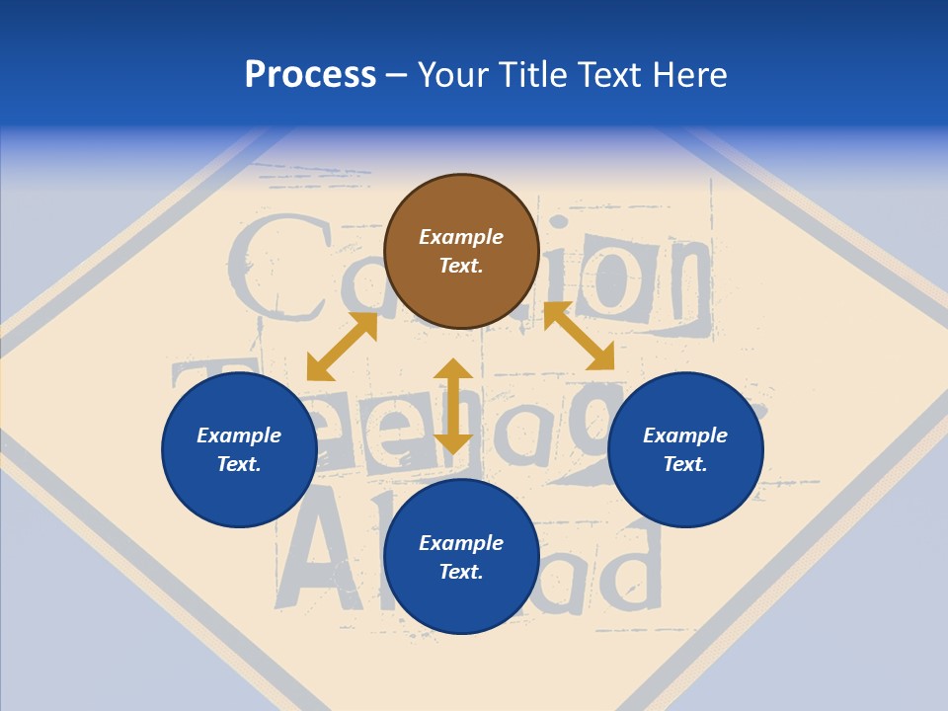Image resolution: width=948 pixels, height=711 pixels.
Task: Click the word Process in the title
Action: [310, 75]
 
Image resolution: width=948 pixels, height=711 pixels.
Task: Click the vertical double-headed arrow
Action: [453, 406]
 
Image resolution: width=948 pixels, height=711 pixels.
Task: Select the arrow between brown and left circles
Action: [342, 347]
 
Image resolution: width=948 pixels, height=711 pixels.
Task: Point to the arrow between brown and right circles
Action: [579, 337]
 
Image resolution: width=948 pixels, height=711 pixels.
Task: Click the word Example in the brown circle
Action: [461, 237]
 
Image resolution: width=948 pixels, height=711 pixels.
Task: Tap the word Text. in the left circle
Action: [239, 464]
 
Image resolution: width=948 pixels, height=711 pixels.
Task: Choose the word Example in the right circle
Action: [685, 435]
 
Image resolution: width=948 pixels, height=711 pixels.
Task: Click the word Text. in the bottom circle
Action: [461, 572]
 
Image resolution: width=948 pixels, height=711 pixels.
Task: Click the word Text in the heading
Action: [613, 75]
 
